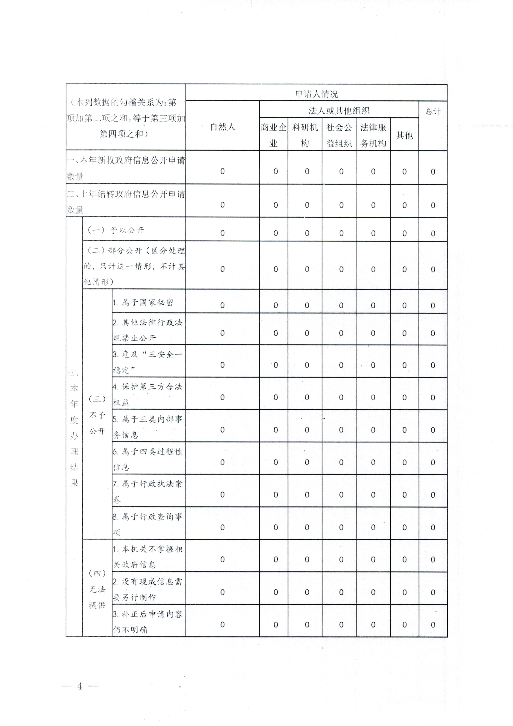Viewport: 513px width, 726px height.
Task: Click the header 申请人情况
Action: [316, 94]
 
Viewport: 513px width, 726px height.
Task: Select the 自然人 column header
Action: [223, 127]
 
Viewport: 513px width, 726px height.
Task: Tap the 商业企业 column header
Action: [273, 135]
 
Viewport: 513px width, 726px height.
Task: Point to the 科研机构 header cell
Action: [305, 135]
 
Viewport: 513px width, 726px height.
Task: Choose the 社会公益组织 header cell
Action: [339, 135]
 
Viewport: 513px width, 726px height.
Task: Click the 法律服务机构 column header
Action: [373, 135]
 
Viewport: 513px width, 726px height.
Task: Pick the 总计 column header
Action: [433, 111]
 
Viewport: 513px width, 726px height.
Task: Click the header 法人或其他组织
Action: [339, 110]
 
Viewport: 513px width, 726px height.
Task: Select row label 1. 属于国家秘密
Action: [143, 303]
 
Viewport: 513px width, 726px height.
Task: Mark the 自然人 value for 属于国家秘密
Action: [223, 305]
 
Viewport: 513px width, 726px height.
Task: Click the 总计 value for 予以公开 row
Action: [433, 233]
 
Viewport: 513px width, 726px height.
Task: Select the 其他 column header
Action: [404, 135]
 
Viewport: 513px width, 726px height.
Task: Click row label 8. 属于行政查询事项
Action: [148, 524]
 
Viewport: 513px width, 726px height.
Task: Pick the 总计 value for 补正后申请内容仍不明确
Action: [433, 625]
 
